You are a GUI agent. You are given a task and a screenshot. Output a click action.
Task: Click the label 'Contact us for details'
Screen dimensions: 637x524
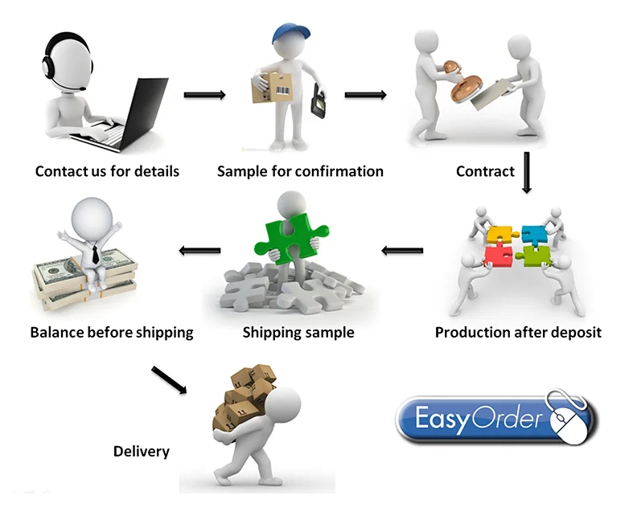(x=107, y=171)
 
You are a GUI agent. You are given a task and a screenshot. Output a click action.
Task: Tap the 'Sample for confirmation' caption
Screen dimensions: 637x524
(x=300, y=171)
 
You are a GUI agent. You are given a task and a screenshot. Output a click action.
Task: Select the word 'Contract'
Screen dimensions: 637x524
(x=485, y=171)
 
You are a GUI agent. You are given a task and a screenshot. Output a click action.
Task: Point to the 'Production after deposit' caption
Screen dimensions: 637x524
(x=518, y=332)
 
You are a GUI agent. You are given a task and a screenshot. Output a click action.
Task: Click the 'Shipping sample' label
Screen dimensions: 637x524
(x=298, y=332)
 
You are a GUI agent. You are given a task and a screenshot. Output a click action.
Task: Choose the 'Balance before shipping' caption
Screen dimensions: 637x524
(x=112, y=332)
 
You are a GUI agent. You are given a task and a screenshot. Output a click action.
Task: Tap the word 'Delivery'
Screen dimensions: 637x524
(x=141, y=451)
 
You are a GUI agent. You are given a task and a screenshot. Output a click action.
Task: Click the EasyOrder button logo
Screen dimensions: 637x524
(x=483, y=419)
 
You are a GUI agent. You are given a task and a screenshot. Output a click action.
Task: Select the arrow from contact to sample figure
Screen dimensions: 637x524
(x=204, y=95)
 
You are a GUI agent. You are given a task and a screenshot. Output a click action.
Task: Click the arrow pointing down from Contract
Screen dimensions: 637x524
(x=527, y=172)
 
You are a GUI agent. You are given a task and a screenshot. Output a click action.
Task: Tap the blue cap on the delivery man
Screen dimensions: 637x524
(x=289, y=34)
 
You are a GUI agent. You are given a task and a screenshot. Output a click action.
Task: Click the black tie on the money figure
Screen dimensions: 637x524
(x=95, y=256)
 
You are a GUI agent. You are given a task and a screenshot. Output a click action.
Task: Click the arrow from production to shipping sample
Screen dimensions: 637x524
(x=402, y=251)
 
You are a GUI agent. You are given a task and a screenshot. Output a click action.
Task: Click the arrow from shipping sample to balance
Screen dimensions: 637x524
(x=199, y=251)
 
